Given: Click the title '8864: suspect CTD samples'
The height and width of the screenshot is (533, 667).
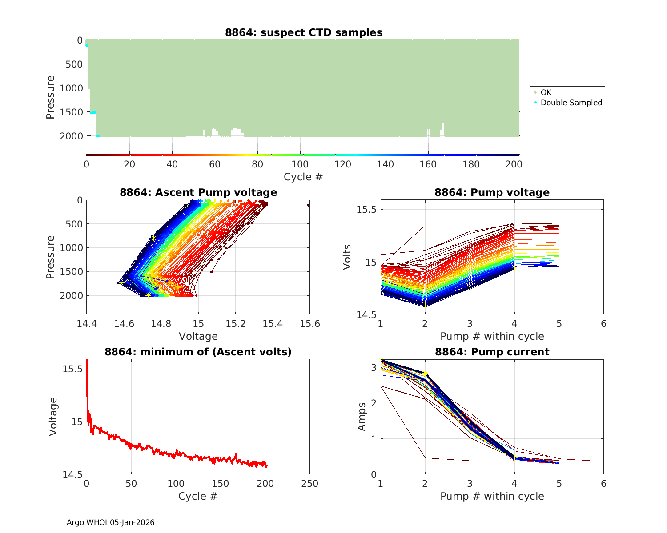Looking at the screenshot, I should (x=303, y=32).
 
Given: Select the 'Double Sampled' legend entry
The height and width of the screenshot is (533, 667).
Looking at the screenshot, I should (x=571, y=103).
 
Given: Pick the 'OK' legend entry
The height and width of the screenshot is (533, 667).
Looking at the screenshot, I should (x=546, y=92).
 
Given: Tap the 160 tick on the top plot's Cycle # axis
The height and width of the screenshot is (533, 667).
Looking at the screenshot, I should (x=428, y=164).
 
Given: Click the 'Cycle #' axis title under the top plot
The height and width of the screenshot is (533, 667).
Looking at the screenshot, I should (x=303, y=177).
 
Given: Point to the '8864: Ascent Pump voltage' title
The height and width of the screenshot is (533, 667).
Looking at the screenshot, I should (x=198, y=192).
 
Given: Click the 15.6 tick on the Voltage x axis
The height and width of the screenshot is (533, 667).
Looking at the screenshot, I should (x=309, y=323).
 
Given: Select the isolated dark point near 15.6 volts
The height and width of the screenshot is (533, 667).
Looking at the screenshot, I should (x=308, y=205).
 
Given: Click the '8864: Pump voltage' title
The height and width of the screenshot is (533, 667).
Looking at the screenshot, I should (x=492, y=192).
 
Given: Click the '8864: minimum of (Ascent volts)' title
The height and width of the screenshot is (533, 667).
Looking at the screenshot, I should (x=198, y=352).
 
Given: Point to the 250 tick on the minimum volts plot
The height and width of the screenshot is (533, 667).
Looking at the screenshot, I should (x=309, y=484).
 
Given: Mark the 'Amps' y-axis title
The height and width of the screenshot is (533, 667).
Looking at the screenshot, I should (x=362, y=416).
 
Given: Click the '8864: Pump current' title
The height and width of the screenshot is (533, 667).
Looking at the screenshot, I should (x=492, y=352).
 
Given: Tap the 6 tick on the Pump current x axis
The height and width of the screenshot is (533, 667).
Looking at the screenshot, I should (x=603, y=484).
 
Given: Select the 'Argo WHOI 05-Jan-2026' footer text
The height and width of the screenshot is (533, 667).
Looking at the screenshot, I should (x=110, y=522).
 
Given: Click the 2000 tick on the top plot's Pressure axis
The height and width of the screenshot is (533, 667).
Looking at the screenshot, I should (x=71, y=136).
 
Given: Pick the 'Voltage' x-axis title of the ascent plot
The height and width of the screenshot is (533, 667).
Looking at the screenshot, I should (x=198, y=336).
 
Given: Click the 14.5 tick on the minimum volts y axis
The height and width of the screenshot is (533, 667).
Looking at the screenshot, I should (x=72, y=474).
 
